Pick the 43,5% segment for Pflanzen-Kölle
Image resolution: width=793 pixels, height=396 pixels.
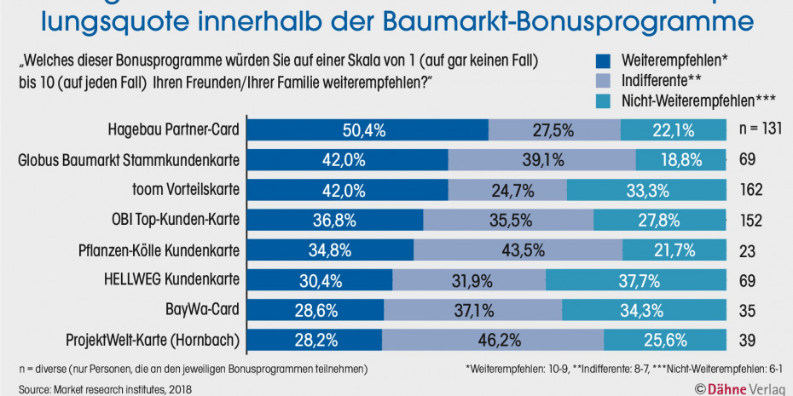pyautogui.click(x=518, y=250)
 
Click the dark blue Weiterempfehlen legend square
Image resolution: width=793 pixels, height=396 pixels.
pyautogui.click(x=603, y=61)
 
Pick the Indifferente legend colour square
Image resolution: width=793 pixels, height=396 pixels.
pyautogui.click(x=603, y=82)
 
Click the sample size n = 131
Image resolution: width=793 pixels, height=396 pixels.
pyautogui.click(x=760, y=130)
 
